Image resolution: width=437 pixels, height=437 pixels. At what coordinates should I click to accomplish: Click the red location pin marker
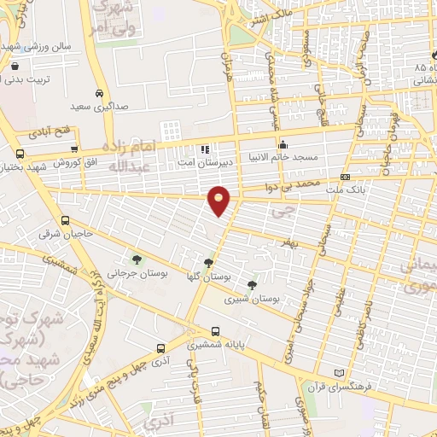(219, 200)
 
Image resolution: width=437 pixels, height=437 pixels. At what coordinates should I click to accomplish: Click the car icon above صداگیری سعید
(99, 93)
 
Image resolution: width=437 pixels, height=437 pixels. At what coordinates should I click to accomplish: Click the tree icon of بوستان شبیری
(251, 285)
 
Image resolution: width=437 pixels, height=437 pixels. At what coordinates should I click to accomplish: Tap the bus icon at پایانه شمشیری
(214, 331)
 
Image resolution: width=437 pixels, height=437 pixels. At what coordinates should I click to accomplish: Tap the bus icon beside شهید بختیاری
(20, 154)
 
